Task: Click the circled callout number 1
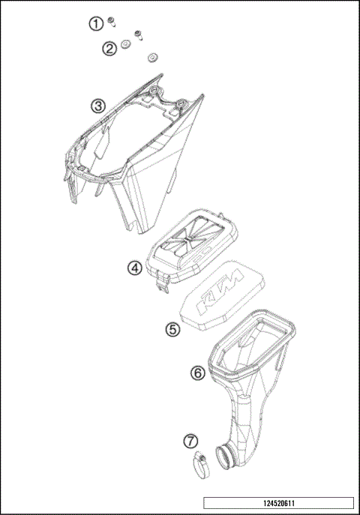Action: coord(95,24)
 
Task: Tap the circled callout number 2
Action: coord(109,49)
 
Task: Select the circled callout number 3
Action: coord(98,106)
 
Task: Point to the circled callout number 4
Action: coord(134,268)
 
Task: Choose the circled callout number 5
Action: coord(172,328)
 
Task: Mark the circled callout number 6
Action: coord(197,373)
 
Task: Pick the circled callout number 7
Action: coord(190,440)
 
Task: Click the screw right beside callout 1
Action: coord(110,19)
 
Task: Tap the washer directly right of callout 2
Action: coord(125,46)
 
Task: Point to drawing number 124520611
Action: coord(277,502)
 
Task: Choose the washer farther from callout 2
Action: coord(154,57)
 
